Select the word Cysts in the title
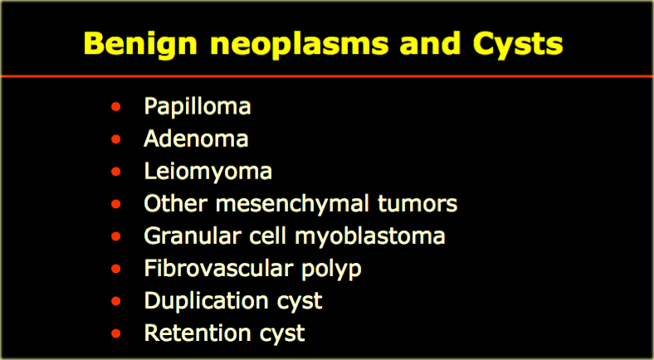pos(518,45)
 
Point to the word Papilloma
pos(198,107)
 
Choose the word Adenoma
pos(196,139)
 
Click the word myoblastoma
pos(370,237)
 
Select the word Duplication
pos(206,301)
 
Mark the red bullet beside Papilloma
pos(116,107)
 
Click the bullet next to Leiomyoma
pos(116,172)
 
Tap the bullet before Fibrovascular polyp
pos(116,269)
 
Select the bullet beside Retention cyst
pos(116,333)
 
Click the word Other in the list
pos(176,204)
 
